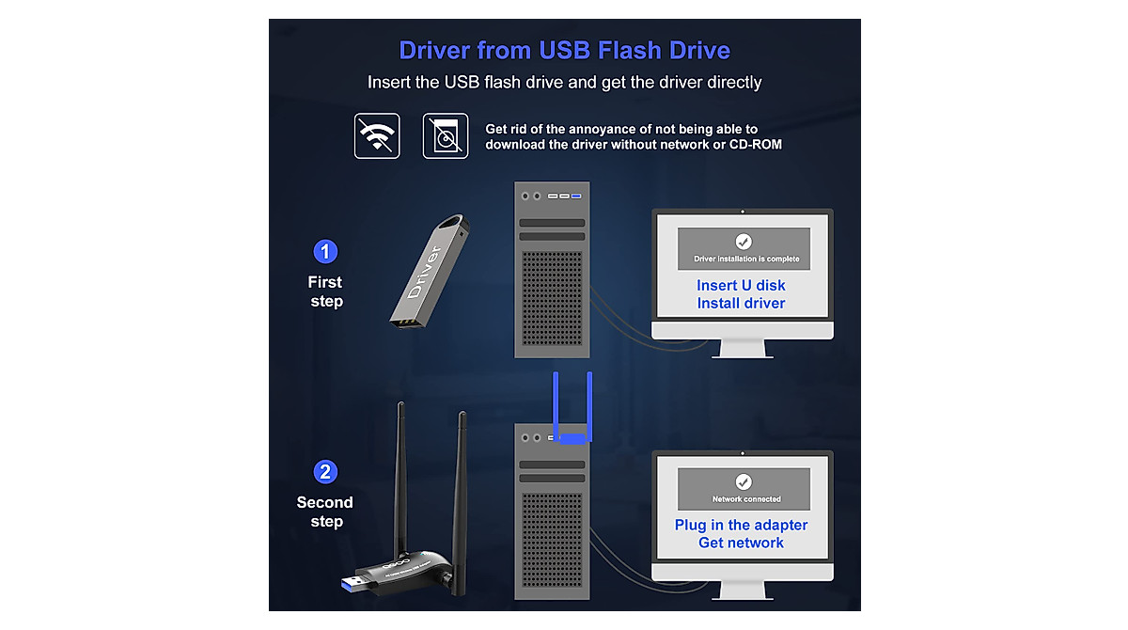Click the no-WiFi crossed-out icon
point(377,136)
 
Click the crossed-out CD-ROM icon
point(446,136)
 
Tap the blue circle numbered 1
point(325,252)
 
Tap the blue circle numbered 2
point(325,472)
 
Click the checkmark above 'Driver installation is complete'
point(744,242)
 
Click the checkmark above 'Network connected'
point(744,482)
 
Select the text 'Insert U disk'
point(741,285)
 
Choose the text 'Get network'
point(741,543)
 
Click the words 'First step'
point(326,291)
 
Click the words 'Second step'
point(325,512)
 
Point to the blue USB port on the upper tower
point(576,196)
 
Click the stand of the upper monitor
point(742,348)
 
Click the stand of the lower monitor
point(742,590)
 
